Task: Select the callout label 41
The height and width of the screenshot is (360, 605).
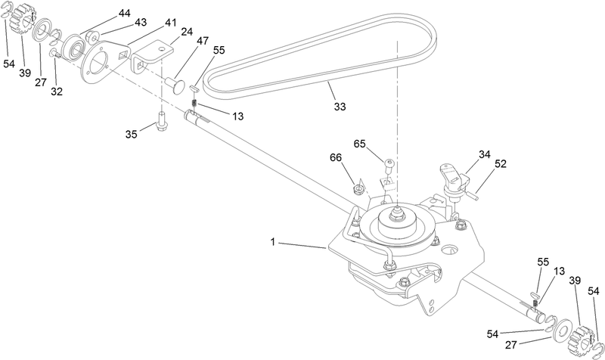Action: click(171, 23)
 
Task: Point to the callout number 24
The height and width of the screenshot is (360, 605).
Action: click(186, 33)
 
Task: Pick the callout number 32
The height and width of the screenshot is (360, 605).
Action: click(57, 92)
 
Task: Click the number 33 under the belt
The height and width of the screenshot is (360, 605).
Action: click(340, 107)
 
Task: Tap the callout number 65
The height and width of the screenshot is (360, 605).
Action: click(361, 143)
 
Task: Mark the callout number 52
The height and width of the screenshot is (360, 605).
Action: click(501, 163)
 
